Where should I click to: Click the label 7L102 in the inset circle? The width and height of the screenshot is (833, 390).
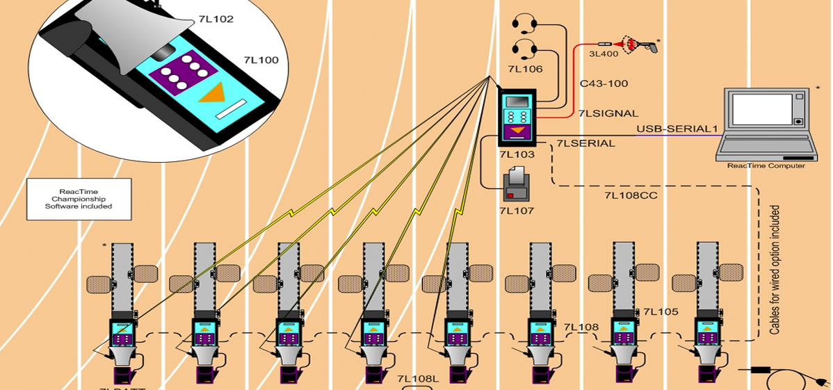pyautogui.click(x=216, y=19)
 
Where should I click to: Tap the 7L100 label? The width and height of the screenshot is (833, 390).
pyautogui.click(x=261, y=60)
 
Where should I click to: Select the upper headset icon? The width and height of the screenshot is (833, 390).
pyautogui.click(x=524, y=24)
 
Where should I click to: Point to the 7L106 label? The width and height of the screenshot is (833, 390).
pyautogui.click(x=525, y=69)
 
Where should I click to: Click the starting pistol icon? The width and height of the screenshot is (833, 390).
pyautogui.click(x=638, y=45)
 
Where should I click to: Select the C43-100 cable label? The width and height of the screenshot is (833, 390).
pyautogui.click(x=604, y=83)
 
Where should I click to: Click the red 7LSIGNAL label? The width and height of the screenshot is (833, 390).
pyautogui.click(x=608, y=113)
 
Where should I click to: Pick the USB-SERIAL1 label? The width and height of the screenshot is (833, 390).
pyautogui.click(x=676, y=129)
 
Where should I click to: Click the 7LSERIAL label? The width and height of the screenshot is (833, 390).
pyautogui.click(x=585, y=144)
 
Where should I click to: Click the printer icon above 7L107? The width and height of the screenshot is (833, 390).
pyautogui.click(x=517, y=184)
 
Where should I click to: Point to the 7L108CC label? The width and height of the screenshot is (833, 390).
pyautogui.click(x=631, y=195)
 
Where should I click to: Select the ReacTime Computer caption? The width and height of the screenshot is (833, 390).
pyautogui.click(x=766, y=165)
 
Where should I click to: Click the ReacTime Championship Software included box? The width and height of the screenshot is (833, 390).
pyautogui.click(x=79, y=200)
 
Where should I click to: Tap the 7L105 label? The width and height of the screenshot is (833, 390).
pyautogui.click(x=660, y=312)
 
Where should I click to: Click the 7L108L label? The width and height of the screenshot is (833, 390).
pyautogui.click(x=418, y=379)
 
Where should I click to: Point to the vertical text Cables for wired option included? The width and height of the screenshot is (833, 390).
pyautogui.click(x=775, y=270)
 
